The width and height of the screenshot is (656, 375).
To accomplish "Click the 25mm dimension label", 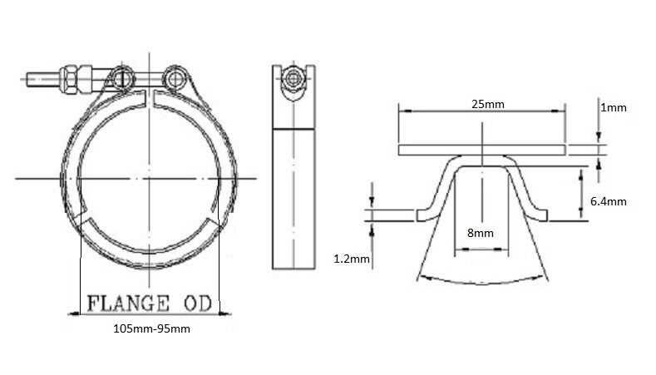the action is [x=488, y=104].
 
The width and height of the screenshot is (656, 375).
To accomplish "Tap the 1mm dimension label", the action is [x=614, y=108].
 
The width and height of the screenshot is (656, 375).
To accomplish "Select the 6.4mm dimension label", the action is [x=609, y=202].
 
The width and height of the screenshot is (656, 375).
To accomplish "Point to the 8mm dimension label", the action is [x=481, y=233].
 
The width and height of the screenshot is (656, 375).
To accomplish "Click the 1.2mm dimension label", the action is [x=352, y=259].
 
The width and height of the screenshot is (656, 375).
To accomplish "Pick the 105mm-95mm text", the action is [x=151, y=329].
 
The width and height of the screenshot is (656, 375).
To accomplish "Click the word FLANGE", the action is [x=128, y=303].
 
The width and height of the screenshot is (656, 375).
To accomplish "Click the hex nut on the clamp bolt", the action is [x=68, y=79].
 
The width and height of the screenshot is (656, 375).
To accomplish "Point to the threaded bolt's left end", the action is [x=27, y=80].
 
